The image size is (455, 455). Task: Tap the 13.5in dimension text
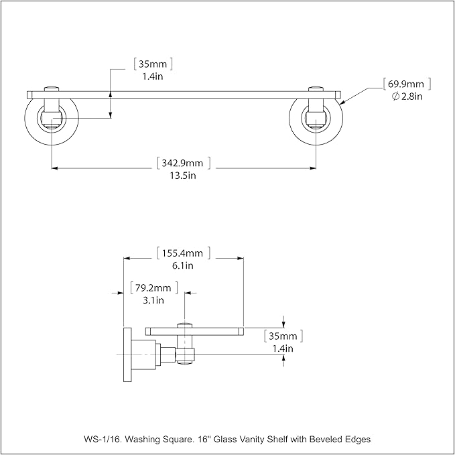pyautogui.click(x=183, y=176)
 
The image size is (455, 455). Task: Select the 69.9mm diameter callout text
pyautogui.click(x=406, y=84)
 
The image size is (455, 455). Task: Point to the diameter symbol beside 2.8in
pyautogui.click(x=395, y=96)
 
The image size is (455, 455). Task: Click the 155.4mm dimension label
pyautogui.click(x=182, y=253)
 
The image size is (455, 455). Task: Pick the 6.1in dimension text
pyautogui.click(x=183, y=265)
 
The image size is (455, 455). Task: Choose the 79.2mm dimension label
pyautogui.click(x=153, y=288)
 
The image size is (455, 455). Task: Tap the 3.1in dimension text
pyautogui.click(x=153, y=300)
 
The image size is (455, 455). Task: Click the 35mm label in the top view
pyautogui.click(x=153, y=64)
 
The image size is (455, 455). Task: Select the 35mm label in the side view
pyautogui.click(x=283, y=336)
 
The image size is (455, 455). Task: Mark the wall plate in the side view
pyautogui.click(x=127, y=354)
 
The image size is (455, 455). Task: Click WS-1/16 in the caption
pyautogui.click(x=103, y=439)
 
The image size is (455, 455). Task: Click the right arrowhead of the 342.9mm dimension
pyautogui.click(x=313, y=168)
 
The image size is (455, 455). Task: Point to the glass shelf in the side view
pyautogui.click(x=195, y=332)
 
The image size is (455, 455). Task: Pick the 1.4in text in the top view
pyautogui.click(x=153, y=76)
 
